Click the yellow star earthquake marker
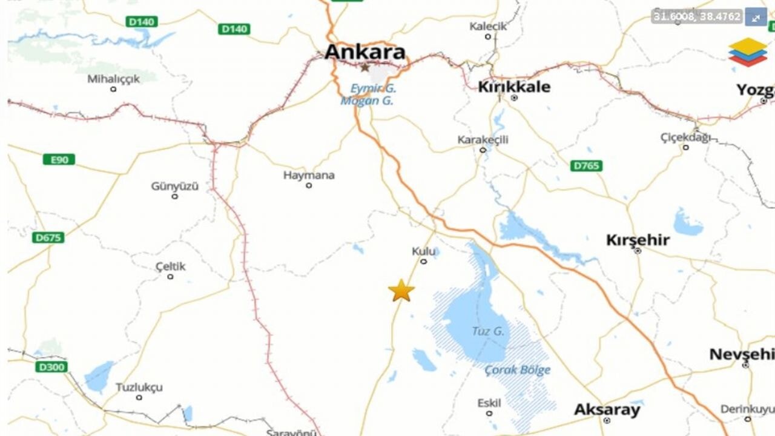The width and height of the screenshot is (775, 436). (x=401, y=291)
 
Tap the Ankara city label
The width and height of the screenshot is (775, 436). (x=364, y=52)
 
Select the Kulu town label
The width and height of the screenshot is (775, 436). (x=423, y=251)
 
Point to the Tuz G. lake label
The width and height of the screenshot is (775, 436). (x=488, y=331)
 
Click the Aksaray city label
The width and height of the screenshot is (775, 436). (x=607, y=410)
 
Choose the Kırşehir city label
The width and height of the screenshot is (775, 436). (x=638, y=240)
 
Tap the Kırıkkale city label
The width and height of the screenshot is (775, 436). (x=514, y=87)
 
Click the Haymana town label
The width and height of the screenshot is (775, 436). (x=309, y=176)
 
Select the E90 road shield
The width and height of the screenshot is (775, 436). (x=59, y=159)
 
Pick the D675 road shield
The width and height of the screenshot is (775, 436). (x=48, y=237)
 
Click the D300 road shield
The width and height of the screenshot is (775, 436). (x=51, y=367)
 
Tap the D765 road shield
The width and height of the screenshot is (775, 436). (x=586, y=165)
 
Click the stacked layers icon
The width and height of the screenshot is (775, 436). (x=747, y=52)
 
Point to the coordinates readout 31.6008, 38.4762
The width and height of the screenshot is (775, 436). (x=697, y=17)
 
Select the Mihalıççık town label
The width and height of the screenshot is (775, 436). (x=113, y=79)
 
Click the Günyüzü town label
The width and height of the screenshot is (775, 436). (x=174, y=187)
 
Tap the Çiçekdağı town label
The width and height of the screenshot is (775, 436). (x=685, y=137)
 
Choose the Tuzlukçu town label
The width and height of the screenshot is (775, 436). (x=139, y=388)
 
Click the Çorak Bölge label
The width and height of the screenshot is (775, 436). (x=518, y=370)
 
